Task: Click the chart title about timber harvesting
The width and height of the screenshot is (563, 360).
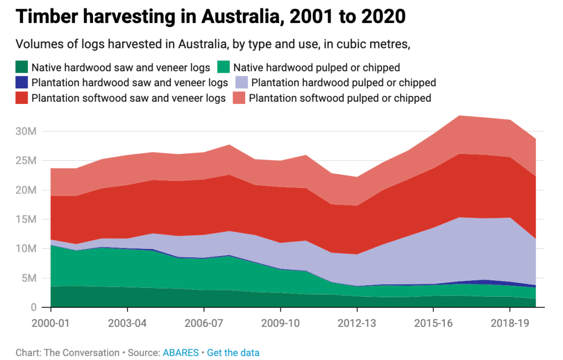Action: pyautogui.click(x=211, y=16)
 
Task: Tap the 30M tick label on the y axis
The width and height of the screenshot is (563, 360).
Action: pyautogui.click(x=27, y=132)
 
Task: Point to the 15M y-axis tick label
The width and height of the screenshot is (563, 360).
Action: pyautogui.click(x=27, y=220)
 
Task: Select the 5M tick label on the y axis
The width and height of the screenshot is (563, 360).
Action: pyautogui.click(x=30, y=278)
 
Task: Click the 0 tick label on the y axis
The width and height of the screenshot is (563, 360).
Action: pyautogui.click(x=34, y=308)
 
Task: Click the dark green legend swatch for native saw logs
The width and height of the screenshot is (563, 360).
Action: pyautogui.click(x=21, y=68)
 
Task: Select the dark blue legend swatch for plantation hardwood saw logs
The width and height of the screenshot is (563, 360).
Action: pyautogui.click(x=21, y=83)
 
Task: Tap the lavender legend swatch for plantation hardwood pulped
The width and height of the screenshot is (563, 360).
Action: pyautogui.click(x=240, y=83)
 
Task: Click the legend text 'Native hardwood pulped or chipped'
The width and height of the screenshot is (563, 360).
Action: pyautogui.click(x=316, y=68)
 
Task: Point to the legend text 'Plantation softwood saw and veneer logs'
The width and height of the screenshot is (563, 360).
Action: pyautogui.click(x=129, y=98)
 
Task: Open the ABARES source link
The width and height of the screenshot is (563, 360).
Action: pyautogui.click(x=180, y=353)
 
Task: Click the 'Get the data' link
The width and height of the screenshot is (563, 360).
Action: pyautogui.click(x=233, y=353)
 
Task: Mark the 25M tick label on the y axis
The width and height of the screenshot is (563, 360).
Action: pyautogui.click(x=27, y=161)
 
